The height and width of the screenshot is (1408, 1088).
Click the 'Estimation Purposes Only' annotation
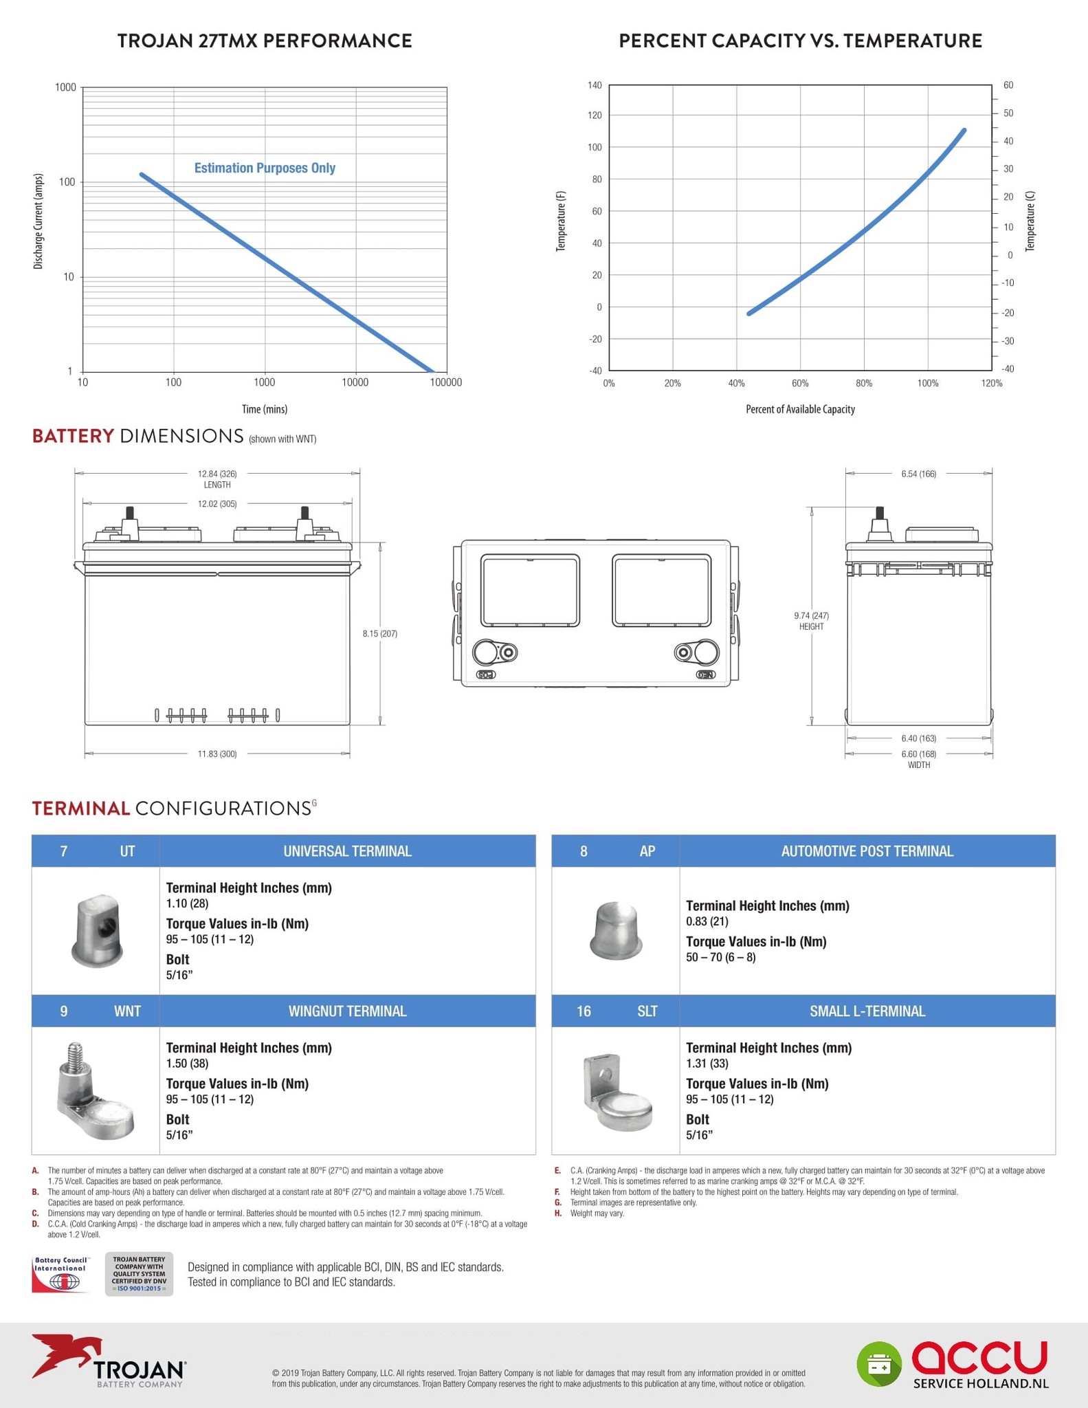coord(265,168)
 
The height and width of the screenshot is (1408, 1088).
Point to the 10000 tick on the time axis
coord(355,382)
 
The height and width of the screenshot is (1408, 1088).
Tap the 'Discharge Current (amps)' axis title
coord(38,221)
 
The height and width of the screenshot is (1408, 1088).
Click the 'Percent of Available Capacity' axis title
coord(800,409)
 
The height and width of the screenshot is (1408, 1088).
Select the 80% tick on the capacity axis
coord(864,383)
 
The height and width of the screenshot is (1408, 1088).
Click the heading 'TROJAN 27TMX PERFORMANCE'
coord(265,41)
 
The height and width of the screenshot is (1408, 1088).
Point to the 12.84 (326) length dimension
coord(217,474)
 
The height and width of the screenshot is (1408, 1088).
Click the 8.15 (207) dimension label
coord(380,633)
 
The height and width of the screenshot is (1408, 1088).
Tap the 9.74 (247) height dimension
coord(812,616)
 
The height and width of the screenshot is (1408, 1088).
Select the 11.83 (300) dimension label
coord(217,754)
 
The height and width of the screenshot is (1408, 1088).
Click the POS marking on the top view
coord(486,674)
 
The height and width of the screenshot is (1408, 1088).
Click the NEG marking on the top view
coord(706,674)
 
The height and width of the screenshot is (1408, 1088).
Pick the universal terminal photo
coord(97,930)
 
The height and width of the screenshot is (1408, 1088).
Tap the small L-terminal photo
coord(617,1092)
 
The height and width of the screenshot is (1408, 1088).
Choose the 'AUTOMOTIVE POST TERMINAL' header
coord(867,851)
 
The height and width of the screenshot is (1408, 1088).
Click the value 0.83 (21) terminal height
coord(707,921)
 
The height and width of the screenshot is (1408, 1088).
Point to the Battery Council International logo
coord(60,1274)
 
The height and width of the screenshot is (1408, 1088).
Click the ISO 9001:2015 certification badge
coord(139,1274)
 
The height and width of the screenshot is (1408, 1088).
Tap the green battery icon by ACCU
coord(879,1364)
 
